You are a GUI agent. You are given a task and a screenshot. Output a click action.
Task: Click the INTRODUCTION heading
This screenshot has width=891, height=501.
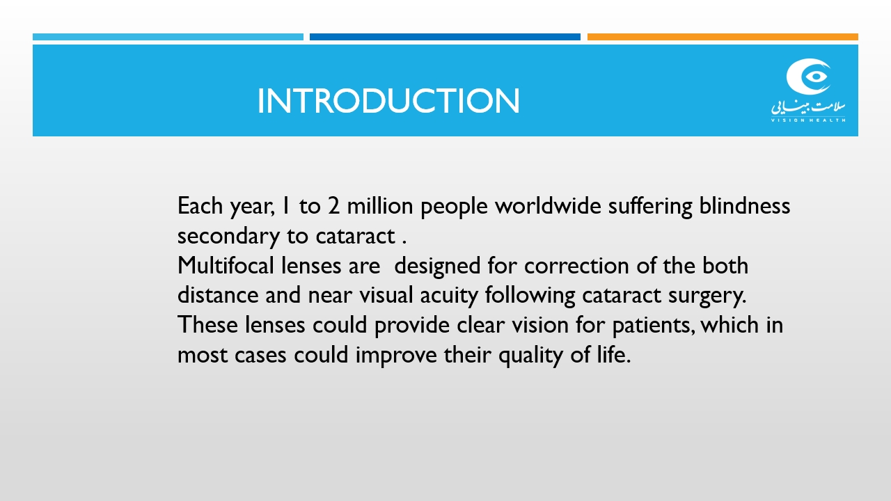(x=388, y=101)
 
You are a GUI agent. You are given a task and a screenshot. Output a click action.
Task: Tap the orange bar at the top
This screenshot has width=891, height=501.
(x=723, y=37)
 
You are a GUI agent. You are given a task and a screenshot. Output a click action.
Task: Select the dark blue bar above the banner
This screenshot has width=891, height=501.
(x=445, y=37)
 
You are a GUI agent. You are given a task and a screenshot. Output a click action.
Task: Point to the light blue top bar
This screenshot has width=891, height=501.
(x=168, y=37)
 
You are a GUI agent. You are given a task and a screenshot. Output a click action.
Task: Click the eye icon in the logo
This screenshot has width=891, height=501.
(x=809, y=77)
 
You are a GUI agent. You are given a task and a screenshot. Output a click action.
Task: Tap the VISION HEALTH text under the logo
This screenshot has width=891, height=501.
(x=808, y=120)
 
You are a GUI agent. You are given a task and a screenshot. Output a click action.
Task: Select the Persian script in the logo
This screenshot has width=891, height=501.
(x=808, y=106)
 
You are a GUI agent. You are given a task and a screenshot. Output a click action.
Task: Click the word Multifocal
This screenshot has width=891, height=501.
(x=226, y=265)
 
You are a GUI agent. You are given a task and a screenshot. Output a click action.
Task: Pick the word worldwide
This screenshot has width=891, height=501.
(x=548, y=206)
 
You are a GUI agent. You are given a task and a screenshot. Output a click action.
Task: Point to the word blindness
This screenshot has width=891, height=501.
(x=745, y=206)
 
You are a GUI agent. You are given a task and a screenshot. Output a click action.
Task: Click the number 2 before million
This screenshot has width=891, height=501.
(x=333, y=207)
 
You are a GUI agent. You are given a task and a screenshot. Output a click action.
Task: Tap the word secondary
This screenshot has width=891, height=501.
(x=228, y=237)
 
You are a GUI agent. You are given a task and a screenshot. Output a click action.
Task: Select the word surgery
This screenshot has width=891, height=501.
(x=707, y=296)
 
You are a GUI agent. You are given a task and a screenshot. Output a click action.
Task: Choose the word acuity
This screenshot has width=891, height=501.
(x=449, y=296)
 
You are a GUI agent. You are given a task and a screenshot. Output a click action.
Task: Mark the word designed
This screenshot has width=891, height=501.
(x=437, y=266)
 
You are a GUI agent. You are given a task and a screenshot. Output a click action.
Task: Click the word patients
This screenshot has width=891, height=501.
(x=654, y=326)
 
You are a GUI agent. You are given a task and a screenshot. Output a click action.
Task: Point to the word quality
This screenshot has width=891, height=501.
(x=530, y=355)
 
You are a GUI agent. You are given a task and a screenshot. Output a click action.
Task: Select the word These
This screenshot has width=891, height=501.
(x=207, y=325)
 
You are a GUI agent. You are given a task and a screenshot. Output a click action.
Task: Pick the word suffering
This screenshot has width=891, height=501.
(x=650, y=206)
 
